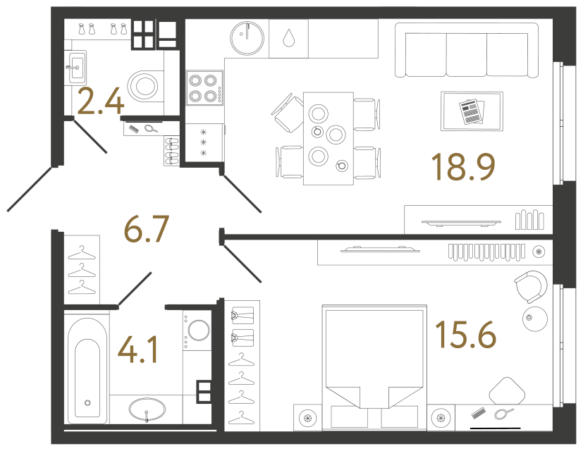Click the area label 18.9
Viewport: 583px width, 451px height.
(464, 167)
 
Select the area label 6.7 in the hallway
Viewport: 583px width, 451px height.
(147, 228)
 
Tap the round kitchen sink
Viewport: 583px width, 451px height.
(247, 35)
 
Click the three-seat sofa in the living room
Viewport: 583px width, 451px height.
(466, 51)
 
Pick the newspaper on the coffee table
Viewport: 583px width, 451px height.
(471, 111)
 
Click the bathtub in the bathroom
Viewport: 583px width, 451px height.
(87, 371)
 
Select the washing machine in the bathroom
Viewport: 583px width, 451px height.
(198, 331)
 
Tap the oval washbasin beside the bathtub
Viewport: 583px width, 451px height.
(147, 409)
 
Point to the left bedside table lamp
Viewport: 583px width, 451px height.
(307, 418)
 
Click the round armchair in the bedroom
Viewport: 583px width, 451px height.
(529, 285)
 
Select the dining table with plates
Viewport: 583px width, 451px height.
(328, 138)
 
